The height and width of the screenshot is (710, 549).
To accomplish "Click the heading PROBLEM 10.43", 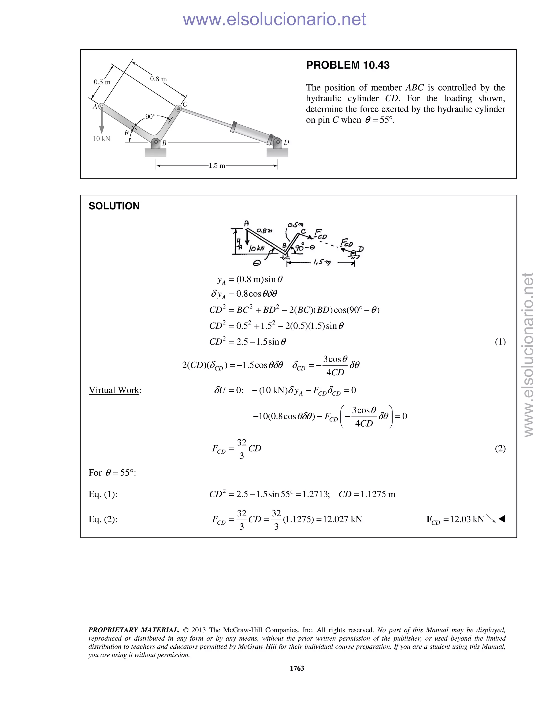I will point(347,65).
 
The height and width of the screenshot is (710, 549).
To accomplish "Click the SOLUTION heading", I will point(114,206).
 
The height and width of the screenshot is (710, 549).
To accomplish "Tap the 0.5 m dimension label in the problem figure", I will point(102,82).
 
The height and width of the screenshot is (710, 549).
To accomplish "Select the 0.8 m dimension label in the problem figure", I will point(158,79).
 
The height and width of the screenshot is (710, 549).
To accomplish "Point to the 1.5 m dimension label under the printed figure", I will point(217,166).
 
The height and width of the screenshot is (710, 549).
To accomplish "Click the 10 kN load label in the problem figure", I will point(102,139).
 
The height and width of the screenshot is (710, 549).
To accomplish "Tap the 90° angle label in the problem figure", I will point(150,116).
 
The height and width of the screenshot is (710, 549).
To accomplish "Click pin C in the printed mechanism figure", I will point(178,108).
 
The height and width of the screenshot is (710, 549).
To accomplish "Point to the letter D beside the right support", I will point(286,142).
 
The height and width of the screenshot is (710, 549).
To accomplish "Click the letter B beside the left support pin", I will point(164,143).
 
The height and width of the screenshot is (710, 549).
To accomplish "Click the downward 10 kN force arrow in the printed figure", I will point(102,122).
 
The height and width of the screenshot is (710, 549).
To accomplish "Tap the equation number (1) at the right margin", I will point(500,342).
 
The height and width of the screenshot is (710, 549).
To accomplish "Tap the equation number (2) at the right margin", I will point(500,448).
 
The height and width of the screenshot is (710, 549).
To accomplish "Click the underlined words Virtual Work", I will point(114,390).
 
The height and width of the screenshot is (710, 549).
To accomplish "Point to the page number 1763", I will point(297,668).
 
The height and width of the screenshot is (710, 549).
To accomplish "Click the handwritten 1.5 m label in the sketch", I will point(322,262).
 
